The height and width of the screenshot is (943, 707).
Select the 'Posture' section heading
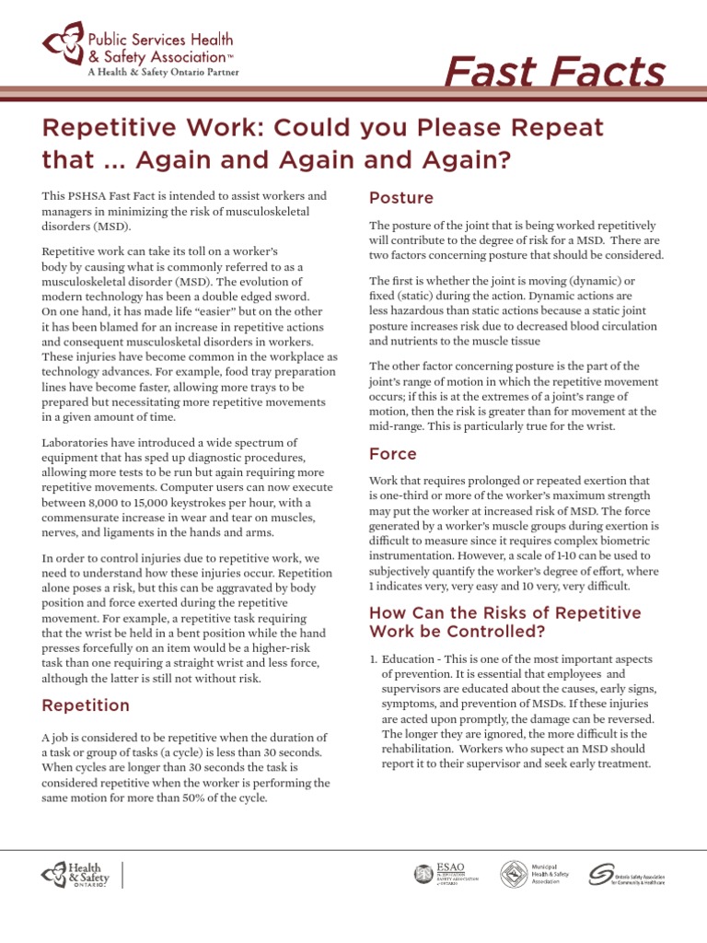tap(400, 198)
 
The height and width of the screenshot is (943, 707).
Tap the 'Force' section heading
tap(393, 454)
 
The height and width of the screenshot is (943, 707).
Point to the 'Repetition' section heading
tap(86, 705)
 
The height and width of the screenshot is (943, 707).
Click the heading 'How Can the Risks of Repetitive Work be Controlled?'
tap(504, 623)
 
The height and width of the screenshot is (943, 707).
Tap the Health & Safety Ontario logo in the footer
tap(75, 875)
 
